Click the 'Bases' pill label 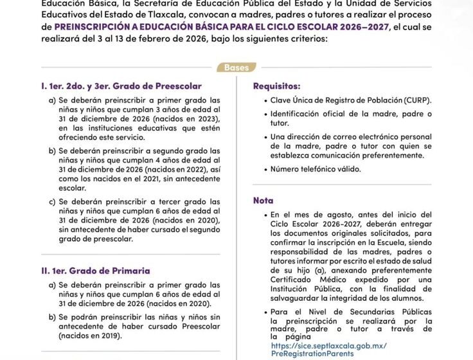(x=236, y=67)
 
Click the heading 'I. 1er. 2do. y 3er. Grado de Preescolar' (x=121, y=86)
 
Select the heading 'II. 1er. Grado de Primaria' (x=94, y=271)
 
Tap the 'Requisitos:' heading (x=276, y=86)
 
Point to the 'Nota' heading (x=263, y=200)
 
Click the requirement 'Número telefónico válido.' (x=316, y=169)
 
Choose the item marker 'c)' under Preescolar (x=51, y=201)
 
